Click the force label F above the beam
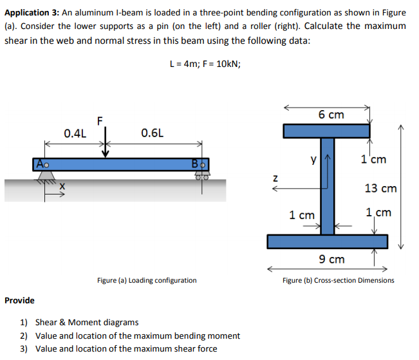(x=99, y=120)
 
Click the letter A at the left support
(x=40, y=164)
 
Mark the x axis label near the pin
(x=62, y=187)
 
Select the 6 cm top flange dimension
(x=331, y=115)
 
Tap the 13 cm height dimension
(x=380, y=188)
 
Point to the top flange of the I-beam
(x=327, y=131)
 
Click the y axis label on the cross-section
(x=314, y=159)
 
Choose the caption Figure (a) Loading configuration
(x=147, y=280)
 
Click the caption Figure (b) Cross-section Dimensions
(x=339, y=280)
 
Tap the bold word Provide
(x=19, y=300)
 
